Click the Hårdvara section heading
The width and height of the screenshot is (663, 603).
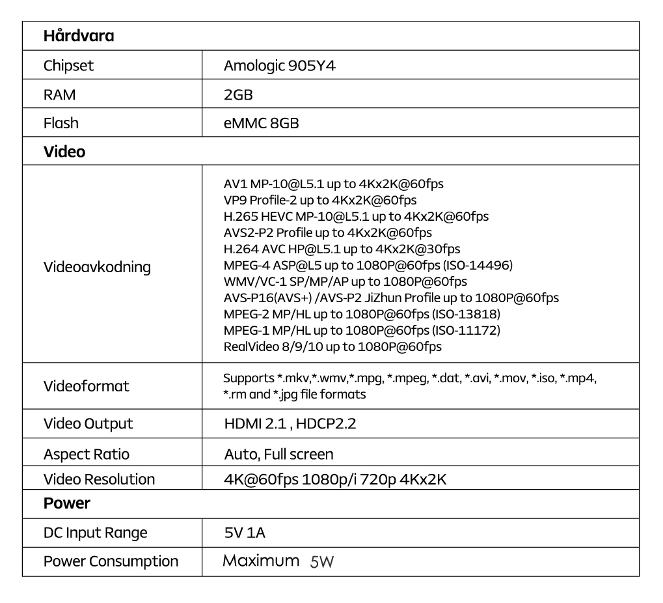pyautogui.click(x=78, y=36)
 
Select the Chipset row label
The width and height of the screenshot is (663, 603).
pyautogui.click(x=68, y=66)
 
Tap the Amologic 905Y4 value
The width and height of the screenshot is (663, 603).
pyautogui.click(x=279, y=66)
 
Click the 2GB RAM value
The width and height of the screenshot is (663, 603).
pyautogui.click(x=237, y=94)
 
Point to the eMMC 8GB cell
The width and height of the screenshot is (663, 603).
pyautogui.click(x=261, y=123)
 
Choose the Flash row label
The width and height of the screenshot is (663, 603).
pyautogui.click(x=61, y=123)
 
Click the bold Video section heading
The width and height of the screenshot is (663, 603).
pyautogui.click(x=64, y=152)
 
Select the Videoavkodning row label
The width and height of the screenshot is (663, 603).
pyautogui.click(x=96, y=267)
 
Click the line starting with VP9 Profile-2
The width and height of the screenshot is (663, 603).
pyautogui.click(x=319, y=200)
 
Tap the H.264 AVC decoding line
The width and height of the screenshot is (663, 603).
pyautogui.click(x=342, y=249)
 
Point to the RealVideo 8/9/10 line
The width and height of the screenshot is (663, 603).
pyautogui.click(x=332, y=346)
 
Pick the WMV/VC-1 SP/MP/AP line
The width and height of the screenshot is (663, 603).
pyautogui.click(x=345, y=281)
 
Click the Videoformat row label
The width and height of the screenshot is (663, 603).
pyautogui.click(x=86, y=386)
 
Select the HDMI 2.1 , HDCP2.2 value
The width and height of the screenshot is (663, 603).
pyautogui.click(x=290, y=424)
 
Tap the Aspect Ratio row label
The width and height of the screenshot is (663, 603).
pyautogui.click(x=86, y=454)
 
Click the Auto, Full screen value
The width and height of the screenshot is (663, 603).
pyautogui.click(x=278, y=454)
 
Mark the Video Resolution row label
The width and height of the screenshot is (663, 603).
pyautogui.click(x=99, y=479)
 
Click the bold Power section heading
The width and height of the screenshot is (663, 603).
pyautogui.click(x=66, y=503)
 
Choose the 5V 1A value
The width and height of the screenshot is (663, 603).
pyautogui.click(x=244, y=533)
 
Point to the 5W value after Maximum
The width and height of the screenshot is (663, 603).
pyautogui.click(x=321, y=562)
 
